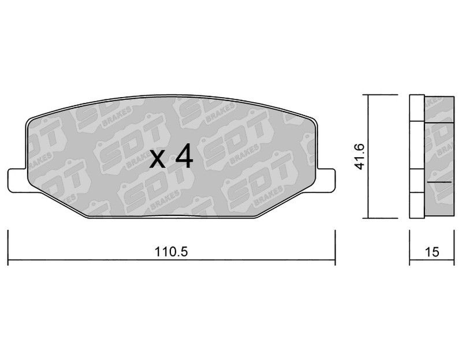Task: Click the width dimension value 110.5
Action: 172,252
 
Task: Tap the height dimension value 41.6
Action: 360,157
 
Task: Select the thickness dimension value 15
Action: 431,252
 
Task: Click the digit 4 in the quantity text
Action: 183,157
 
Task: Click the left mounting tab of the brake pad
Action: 16,179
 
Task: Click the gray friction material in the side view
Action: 439,144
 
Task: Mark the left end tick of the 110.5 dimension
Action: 8,246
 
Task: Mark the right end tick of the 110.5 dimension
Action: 335,246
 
